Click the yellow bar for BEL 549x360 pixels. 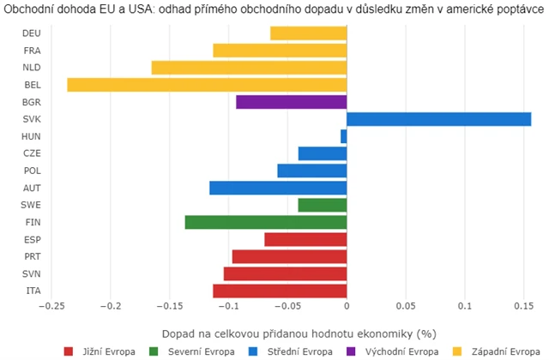[206, 85]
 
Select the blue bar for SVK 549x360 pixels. [438, 119]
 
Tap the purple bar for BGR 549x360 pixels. [291, 102]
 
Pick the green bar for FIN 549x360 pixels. [265, 222]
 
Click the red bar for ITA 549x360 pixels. [280, 291]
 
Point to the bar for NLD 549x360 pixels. [249, 68]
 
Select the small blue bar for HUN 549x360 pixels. [343, 136]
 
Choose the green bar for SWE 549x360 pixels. [322, 205]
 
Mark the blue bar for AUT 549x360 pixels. [278, 188]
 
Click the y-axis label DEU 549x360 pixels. [32, 33]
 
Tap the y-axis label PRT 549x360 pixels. [32, 256]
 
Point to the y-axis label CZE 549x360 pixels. [32, 153]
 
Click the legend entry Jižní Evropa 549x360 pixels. [103, 351]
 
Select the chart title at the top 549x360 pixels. [274, 9]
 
